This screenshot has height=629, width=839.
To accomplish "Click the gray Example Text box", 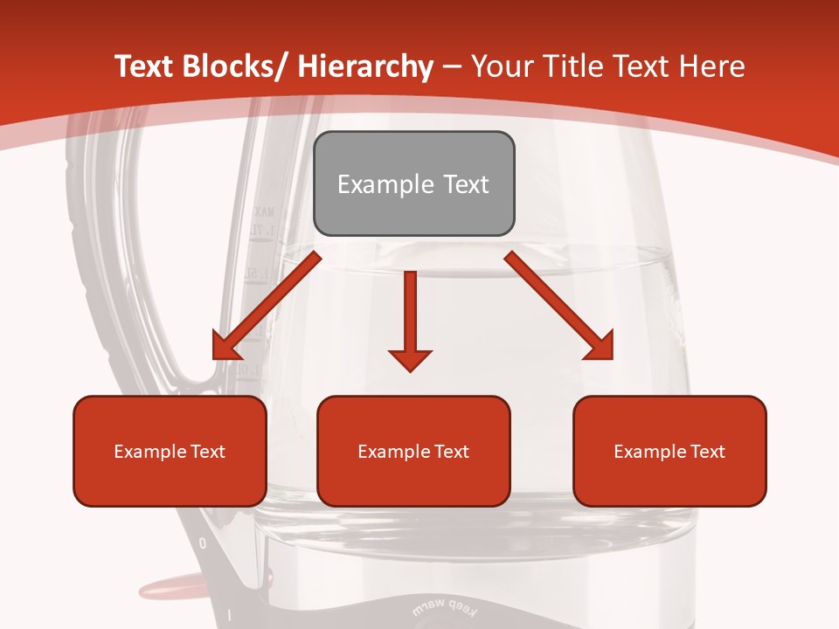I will [x=413, y=183].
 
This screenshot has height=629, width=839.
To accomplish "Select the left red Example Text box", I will [x=170, y=451].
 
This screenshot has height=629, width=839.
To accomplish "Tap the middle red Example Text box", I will [x=413, y=451].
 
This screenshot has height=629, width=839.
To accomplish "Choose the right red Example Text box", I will [x=669, y=451].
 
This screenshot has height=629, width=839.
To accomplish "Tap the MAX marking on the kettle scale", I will [x=263, y=211].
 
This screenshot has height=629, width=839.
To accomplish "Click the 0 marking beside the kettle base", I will [x=203, y=543].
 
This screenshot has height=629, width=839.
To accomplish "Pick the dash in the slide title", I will [x=452, y=68].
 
